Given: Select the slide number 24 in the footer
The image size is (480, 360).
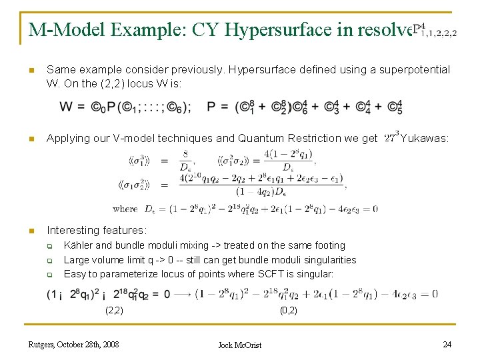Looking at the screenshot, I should pyautogui.click(x=447, y=344).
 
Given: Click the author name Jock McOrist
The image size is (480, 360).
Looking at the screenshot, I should pyautogui.click(x=240, y=345).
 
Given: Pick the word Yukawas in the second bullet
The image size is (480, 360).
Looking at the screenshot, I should pyautogui.click(x=424, y=139).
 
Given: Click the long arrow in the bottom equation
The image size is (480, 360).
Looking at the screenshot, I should pyautogui.click(x=183, y=294).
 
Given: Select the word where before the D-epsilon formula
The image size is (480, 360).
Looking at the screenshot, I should pyautogui.click(x=125, y=209).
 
